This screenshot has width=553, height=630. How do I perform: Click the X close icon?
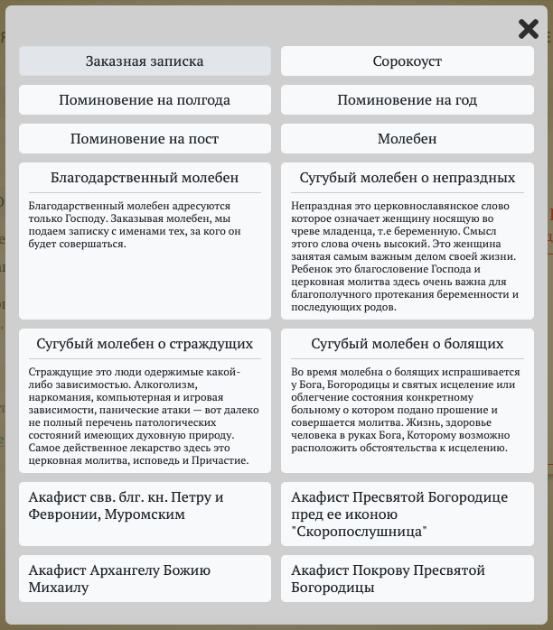tap(529, 29)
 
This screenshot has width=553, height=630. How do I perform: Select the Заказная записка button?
tap(145, 61)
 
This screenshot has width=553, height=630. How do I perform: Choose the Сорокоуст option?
tap(408, 61)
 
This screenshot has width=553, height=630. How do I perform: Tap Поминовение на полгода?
tap(145, 100)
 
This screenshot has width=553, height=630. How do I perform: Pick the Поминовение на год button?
tap(408, 100)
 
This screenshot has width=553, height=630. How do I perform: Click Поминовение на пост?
tap(145, 139)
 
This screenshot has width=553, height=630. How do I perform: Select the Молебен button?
tap(408, 139)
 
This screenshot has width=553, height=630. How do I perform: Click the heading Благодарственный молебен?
tap(145, 178)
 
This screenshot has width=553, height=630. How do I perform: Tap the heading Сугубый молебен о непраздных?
tap(408, 178)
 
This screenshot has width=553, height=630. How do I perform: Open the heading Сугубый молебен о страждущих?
tap(145, 344)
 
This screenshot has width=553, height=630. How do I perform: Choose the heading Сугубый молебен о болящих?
tap(408, 344)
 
